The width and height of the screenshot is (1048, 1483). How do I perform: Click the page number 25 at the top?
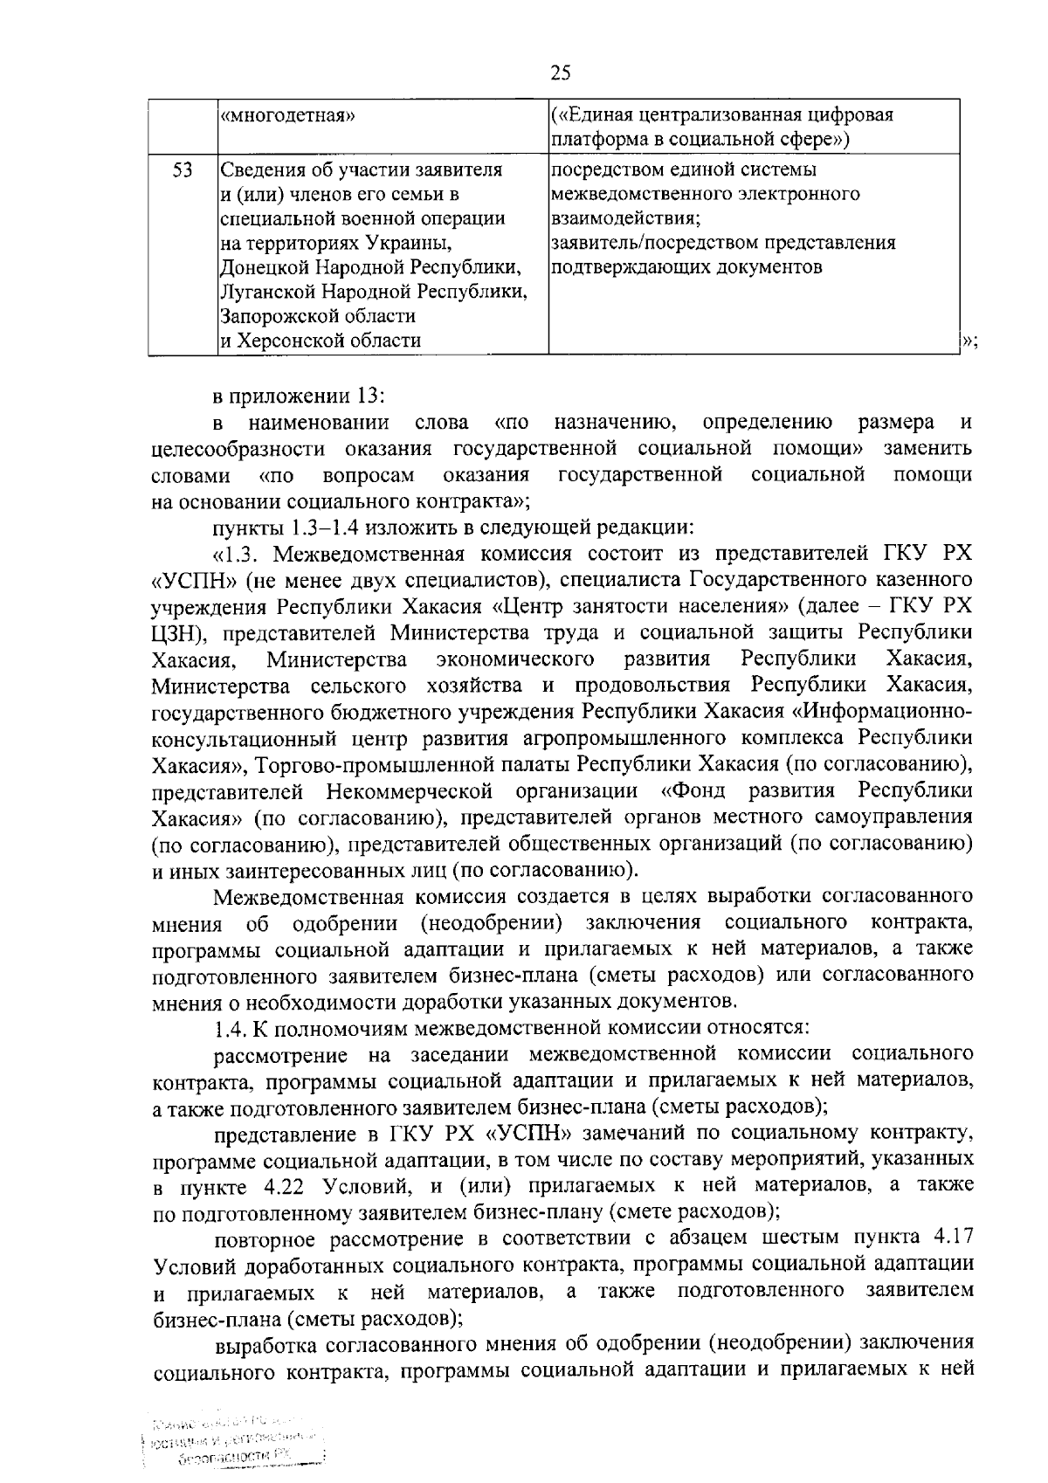click(561, 73)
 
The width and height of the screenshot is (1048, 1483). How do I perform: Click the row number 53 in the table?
click(182, 170)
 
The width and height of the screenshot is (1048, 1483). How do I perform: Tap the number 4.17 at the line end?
click(953, 1238)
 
